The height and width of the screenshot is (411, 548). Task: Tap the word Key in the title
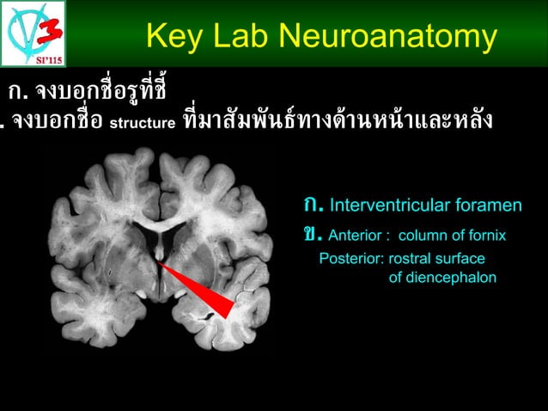click(x=173, y=36)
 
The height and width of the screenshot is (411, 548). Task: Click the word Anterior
click(x=356, y=235)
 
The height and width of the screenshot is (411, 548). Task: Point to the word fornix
click(x=486, y=235)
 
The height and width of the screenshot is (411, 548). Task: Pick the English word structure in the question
click(x=145, y=122)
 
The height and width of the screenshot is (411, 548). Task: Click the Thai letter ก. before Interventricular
click(x=313, y=205)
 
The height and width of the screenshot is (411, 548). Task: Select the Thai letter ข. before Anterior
click(x=312, y=234)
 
